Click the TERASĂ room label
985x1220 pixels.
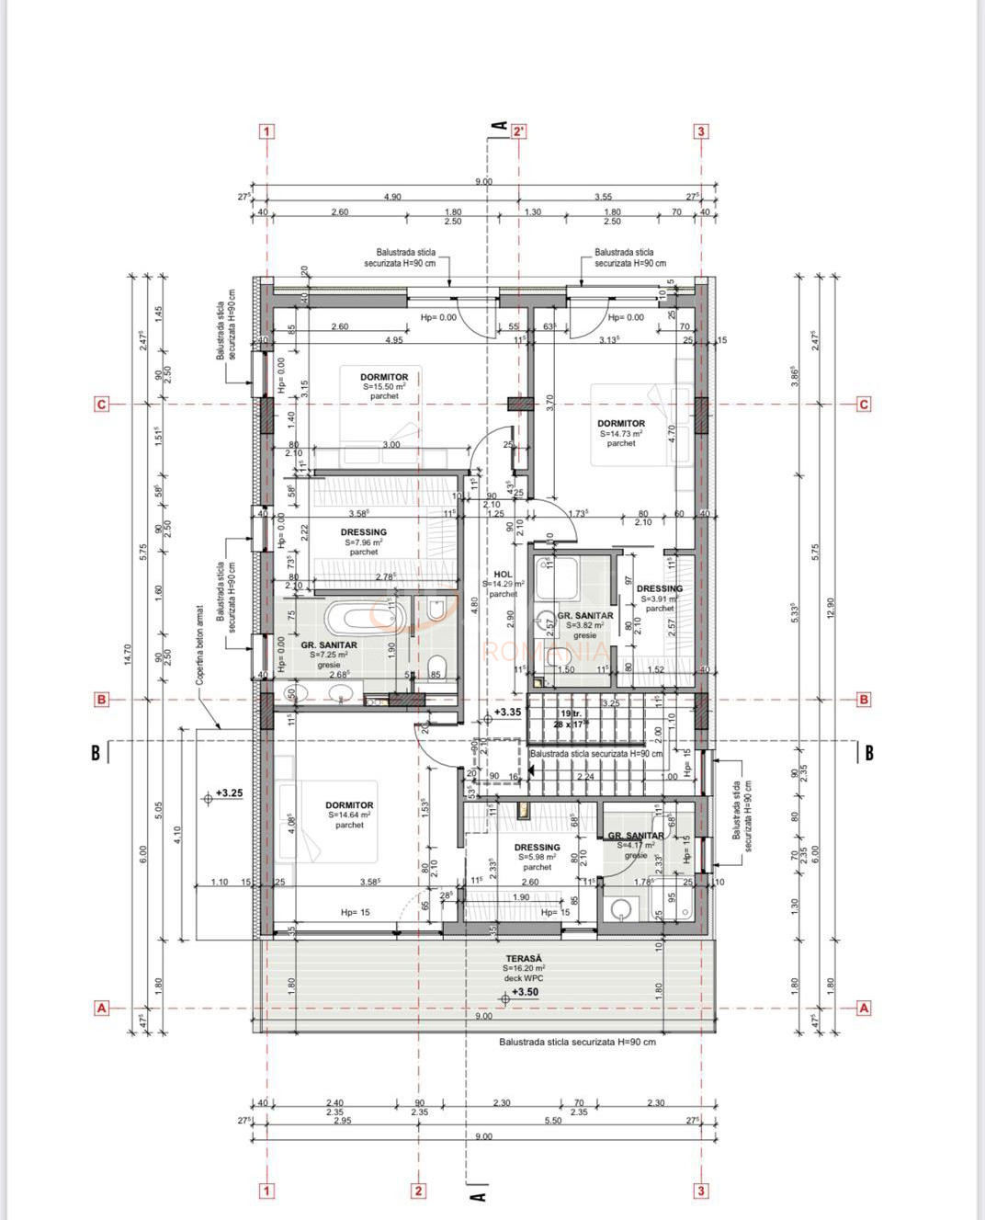[524, 957]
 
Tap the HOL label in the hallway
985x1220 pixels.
[503, 574]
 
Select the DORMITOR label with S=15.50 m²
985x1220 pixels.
[384, 377]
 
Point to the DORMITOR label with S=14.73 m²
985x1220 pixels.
[621, 424]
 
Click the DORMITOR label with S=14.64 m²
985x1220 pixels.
[349, 805]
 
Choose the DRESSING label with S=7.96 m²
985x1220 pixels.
[363, 532]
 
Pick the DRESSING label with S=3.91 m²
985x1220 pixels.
[660, 588]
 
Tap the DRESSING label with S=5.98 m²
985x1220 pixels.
[537, 848]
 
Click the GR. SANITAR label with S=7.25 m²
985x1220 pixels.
[329, 645]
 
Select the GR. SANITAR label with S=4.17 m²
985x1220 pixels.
[636, 836]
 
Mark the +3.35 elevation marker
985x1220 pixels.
[507, 712]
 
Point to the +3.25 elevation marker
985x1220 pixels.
[229, 792]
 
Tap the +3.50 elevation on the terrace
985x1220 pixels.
[525, 992]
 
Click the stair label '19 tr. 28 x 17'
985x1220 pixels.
[571, 719]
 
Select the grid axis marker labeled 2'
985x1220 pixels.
[519, 131]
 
